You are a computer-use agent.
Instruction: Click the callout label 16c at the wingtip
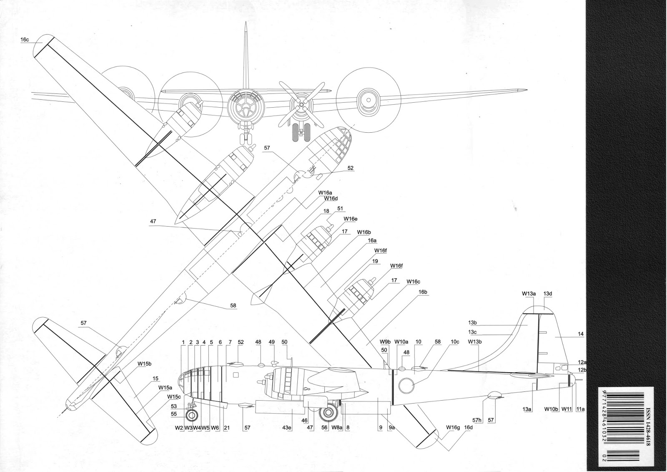25,40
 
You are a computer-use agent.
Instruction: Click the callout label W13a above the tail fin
529,294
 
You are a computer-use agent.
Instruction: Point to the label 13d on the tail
547,294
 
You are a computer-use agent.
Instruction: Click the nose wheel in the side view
192,416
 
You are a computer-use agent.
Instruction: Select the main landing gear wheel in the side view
328,413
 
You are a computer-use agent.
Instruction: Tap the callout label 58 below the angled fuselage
233,305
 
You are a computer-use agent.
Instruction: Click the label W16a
325,193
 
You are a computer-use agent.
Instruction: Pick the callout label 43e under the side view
286,427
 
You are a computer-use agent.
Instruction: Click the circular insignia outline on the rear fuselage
406,385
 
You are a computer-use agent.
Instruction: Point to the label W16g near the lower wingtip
453,427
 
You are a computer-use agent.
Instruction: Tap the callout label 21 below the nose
227,427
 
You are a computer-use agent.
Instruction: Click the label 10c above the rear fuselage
455,342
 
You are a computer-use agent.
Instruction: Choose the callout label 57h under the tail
477,421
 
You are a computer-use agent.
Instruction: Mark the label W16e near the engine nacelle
350,219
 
